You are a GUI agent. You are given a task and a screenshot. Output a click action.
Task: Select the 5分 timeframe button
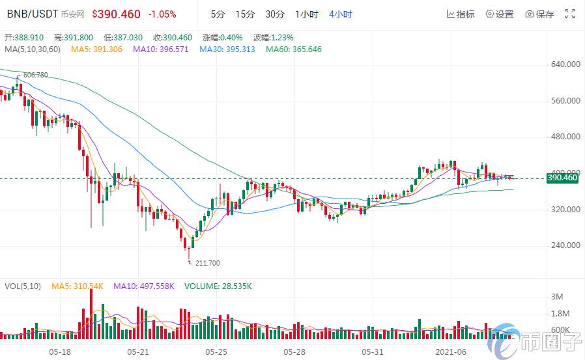[x=218, y=14]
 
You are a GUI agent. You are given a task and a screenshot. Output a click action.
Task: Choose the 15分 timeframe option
[x=245, y=14]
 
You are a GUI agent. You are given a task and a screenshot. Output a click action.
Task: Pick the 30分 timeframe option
[x=274, y=14]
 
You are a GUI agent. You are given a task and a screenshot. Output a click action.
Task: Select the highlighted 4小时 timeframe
[x=340, y=14]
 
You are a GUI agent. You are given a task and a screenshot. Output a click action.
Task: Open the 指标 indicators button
[x=461, y=14]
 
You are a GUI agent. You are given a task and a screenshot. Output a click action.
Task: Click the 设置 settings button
[x=500, y=14]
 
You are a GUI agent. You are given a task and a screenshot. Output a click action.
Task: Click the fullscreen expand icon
[x=569, y=14]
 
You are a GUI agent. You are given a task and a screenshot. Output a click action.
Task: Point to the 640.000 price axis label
[x=565, y=64]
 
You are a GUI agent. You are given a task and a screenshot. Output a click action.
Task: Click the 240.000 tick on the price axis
[x=565, y=245]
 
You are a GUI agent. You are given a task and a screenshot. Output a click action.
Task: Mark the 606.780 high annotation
[x=35, y=76]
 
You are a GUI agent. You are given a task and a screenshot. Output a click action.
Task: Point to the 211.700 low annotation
[x=208, y=263]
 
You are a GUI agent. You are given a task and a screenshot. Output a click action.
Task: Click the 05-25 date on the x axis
[x=216, y=352]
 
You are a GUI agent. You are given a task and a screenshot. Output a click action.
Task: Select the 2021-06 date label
[x=451, y=352]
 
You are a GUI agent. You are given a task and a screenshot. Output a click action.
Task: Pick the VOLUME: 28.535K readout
[x=218, y=286]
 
